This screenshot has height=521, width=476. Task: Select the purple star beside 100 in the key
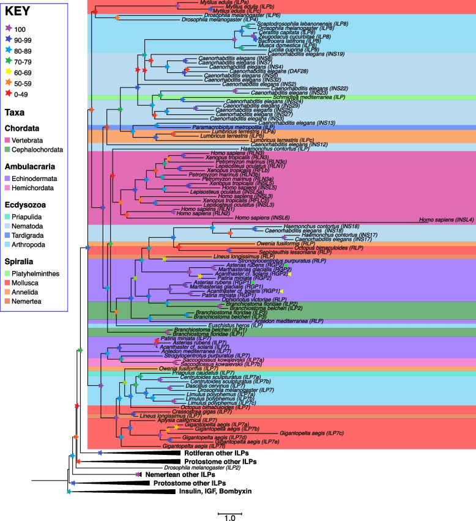point(9,28)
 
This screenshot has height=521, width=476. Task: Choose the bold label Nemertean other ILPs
point(178,475)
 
